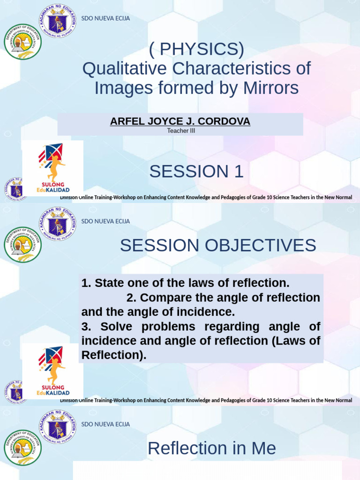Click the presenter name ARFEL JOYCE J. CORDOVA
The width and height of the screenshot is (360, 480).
pyautogui.click(x=180, y=121)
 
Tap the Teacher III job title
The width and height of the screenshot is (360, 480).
pyautogui.click(x=181, y=131)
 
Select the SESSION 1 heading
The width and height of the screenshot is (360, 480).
pyautogui.click(x=196, y=172)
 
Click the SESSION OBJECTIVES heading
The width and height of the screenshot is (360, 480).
pyautogui.click(x=218, y=245)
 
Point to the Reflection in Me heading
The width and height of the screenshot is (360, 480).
pyautogui.click(x=211, y=449)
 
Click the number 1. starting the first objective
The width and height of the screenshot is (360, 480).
pyautogui.click(x=86, y=283)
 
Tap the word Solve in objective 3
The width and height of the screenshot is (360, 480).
pyautogui.click(x=111, y=326)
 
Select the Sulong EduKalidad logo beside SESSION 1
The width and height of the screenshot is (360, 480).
pyautogui.click(x=53, y=168)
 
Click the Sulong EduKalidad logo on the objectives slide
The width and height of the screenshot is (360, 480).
pyautogui.click(x=53, y=371)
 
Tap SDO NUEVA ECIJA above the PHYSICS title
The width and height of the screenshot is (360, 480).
pyautogui.click(x=105, y=18)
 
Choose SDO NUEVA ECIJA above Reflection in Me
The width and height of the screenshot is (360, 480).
pyautogui.click(x=105, y=424)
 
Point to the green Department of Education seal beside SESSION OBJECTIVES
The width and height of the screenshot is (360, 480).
pyautogui.click(x=22, y=244)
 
